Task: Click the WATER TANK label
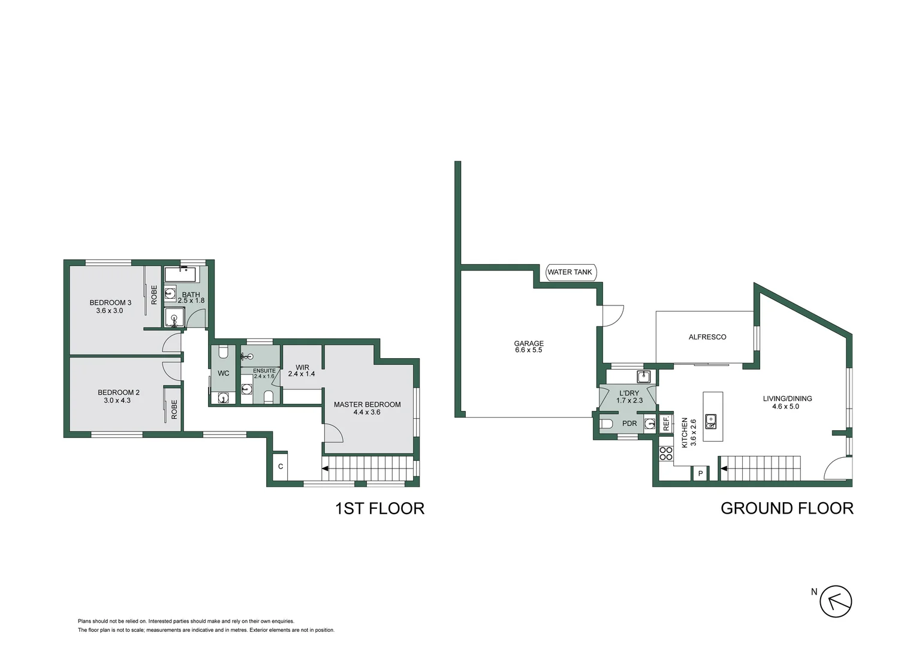coord(569,272)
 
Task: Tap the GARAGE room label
coord(528,344)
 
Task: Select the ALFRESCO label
coord(707,337)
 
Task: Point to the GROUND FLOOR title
coord(787,508)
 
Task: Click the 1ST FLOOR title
coord(379,508)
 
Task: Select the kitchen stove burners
coord(665,454)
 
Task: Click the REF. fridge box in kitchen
coord(665,424)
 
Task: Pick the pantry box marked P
coord(700,474)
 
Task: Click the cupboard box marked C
coord(280,467)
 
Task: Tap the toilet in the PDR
coord(606,424)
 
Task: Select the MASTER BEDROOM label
coord(367,404)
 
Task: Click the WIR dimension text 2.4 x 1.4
coord(302,374)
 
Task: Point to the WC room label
coord(223,373)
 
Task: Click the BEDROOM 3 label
coord(110,302)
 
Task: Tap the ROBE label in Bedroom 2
coord(174,409)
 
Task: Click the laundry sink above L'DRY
coord(643,377)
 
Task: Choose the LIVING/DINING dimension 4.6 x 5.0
coord(785,407)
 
